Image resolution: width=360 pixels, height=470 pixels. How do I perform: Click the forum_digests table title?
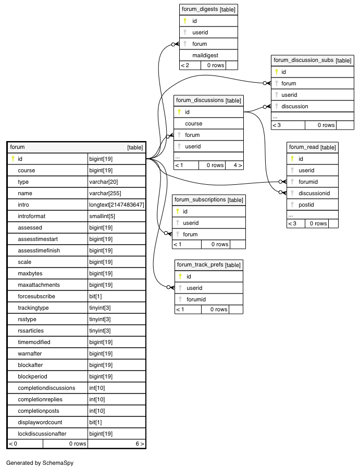click(208, 9)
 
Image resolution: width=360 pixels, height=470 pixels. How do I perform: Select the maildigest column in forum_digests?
click(205, 55)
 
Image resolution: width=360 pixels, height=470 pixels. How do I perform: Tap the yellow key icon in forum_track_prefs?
click(180, 276)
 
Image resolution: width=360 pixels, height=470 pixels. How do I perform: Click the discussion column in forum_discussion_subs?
click(294, 106)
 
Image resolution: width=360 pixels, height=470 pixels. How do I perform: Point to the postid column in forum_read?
click(306, 205)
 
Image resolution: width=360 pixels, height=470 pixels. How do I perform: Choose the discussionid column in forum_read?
click(314, 193)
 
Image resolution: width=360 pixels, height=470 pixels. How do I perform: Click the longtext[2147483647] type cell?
click(116, 205)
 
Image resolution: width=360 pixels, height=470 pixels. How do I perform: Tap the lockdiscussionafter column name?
click(42, 434)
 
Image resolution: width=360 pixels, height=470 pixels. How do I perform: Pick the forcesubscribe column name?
click(36, 297)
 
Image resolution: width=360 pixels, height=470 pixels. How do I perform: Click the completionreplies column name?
click(40, 400)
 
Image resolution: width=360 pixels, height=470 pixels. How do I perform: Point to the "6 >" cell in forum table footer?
click(140, 443)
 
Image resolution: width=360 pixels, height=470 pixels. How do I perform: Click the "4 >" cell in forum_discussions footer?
click(238, 165)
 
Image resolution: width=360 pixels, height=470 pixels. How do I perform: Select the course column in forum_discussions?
click(193, 123)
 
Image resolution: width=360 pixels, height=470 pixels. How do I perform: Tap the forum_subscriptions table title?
click(209, 200)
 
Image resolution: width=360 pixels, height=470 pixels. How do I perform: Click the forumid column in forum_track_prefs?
click(196, 299)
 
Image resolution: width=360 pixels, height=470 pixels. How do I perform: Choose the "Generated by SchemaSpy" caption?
click(40, 463)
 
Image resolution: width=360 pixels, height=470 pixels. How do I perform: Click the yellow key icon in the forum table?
click(13, 159)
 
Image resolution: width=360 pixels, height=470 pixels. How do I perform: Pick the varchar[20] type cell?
click(104, 182)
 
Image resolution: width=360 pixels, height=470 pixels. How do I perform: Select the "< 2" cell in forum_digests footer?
click(185, 66)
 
